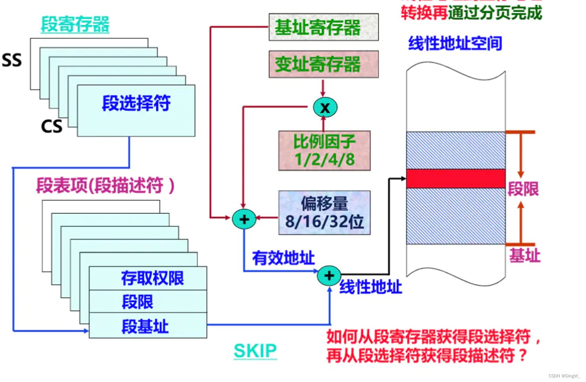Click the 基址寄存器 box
point(323,27)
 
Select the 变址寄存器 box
point(323,64)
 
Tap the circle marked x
point(325,107)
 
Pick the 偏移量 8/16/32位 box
point(324,213)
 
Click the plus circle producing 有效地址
point(244,219)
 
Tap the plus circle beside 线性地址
point(329,275)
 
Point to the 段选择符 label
point(136,103)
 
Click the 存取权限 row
point(152,278)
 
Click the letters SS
point(12,60)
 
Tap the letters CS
point(52,126)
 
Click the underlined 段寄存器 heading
point(75,25)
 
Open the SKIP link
point(255,351)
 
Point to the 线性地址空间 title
point(455,43)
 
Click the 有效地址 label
point(283,258)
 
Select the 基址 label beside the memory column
point(525,256)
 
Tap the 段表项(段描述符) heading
point(105,186)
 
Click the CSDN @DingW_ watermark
point(564,376)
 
